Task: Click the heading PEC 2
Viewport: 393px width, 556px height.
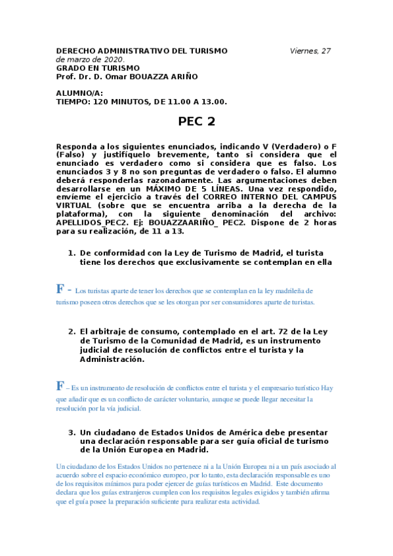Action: (197, 121)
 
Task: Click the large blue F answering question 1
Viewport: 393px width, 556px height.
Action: (60, 289)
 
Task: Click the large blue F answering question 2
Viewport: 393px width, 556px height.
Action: (60, 386)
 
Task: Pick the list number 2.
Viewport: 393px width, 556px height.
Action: (72, 331)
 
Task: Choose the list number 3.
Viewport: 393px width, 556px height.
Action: (72, 433)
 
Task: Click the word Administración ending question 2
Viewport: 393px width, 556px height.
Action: (111, 359)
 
